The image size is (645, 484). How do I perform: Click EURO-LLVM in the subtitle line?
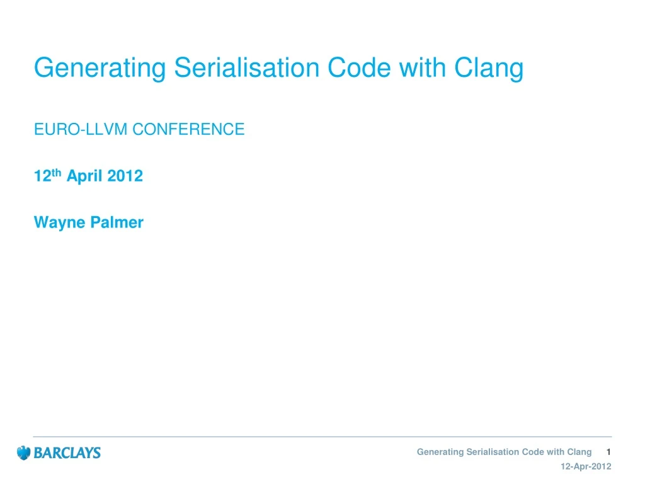[x=81, y=130]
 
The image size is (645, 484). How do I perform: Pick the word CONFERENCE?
[x=188, y=130]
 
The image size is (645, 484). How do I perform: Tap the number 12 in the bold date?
[x=42, y=176]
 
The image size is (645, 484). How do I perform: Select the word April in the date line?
[x=85, y=176]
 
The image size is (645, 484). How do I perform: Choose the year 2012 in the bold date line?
[x=125, y=176]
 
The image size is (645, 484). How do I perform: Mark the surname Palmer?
[x=115, y=222]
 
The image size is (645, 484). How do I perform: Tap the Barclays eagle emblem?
[x=23, y=452]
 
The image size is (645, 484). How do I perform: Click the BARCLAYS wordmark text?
[x=67, y=452]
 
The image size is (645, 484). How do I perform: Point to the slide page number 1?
[x=608, y=452]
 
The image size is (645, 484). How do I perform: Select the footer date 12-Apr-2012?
[x=585, y=466]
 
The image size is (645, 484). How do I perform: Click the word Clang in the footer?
[x=579, y=452]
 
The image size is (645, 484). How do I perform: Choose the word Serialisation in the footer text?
[x=489, y=452]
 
